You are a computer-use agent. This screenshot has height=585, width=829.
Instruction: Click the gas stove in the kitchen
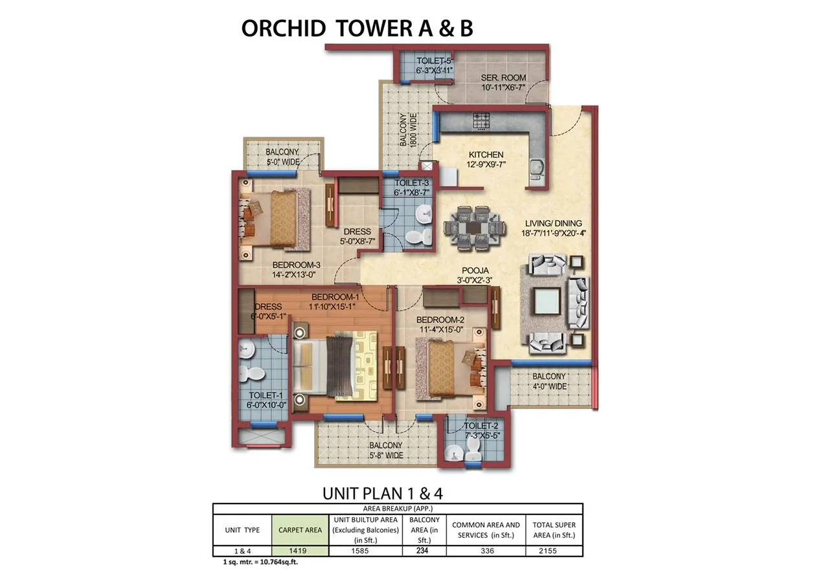pyautogui.click(x=481, y=121)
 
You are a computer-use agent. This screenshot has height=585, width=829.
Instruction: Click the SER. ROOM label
pyautogui.click(x=503, y=78)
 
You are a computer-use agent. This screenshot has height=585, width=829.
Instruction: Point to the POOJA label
pyautogui.click(x=475, y=270)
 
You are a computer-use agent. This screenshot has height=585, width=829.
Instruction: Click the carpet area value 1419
pyautogui.click(x=297, y=551)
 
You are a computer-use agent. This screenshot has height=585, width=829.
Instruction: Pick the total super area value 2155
pyautogui.click(x=548, y=551)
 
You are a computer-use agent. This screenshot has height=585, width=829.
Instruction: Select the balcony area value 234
pyautogui.click(x=422, y=550)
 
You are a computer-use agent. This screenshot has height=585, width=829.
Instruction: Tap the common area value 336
pyautogui.click(x=488, y=551)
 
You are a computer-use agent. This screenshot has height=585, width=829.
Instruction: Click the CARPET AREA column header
pyautogui.click(x=300, y=530)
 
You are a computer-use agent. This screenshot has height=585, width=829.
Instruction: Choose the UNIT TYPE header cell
pyautogui.click(x=242, y=530)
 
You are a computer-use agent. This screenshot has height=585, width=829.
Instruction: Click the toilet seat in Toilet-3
pyautogui.click(x=419, y=237)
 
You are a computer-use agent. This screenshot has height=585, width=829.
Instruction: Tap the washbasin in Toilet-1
pyautogui.click(x=245, y=349)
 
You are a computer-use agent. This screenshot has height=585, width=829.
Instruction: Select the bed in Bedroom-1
pyautogui.click(x=335, y=366)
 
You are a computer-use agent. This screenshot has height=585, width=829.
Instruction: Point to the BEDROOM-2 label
pyautogui.click(x=440, y=320)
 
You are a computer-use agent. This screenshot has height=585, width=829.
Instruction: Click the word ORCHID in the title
pyautogui.click(x=284, y=28)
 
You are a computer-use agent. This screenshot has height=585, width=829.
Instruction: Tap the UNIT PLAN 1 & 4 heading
pyautogui.click(x=382, y=493)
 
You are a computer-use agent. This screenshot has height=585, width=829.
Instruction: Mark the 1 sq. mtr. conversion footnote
pyautogui.click(x=260, y=562)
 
